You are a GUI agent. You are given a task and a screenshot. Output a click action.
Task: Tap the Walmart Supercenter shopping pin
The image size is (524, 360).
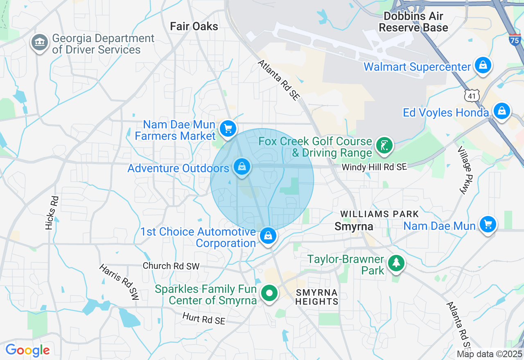point(483,65)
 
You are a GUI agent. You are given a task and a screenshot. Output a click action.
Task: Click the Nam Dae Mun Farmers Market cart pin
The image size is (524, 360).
point(228,129)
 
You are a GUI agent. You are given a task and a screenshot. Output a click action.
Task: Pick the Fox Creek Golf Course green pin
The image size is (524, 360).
point(384,146)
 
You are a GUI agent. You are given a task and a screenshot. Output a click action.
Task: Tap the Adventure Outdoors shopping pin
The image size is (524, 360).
point(242,167)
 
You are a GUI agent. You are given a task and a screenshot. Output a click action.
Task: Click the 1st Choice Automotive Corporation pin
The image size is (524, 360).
point(268,236)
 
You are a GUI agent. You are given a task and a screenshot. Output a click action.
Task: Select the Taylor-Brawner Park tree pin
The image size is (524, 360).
point(396,263)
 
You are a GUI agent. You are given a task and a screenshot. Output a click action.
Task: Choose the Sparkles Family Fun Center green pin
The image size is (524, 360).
point(269,293)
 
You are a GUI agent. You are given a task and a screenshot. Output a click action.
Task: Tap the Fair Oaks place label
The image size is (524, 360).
point(194,27)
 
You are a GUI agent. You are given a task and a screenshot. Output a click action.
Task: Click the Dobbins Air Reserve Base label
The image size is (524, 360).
point(413,22)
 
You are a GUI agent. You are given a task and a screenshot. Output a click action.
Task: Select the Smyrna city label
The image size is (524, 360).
point(354,226)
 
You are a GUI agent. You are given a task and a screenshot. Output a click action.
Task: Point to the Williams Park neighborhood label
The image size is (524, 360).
point(379,214)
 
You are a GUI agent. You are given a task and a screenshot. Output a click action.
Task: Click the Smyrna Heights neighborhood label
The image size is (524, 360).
point(317,297)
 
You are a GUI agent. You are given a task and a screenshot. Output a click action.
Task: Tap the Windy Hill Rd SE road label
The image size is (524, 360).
point(374,167)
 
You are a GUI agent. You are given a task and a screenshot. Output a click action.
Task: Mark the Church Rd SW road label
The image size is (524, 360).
point(171,266)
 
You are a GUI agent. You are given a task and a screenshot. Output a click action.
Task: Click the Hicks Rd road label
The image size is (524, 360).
point(52,212)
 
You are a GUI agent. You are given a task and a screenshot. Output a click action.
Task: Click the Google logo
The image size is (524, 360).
point(27,350)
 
